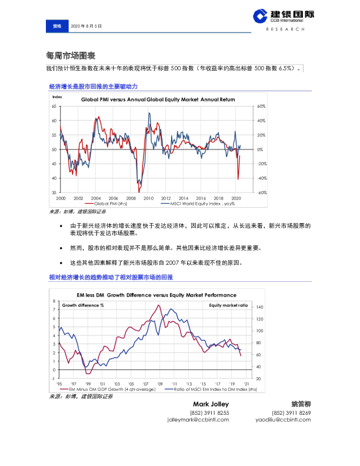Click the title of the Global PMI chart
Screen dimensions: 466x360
coord(157,99)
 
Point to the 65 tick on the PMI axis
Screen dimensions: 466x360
coord(54,106)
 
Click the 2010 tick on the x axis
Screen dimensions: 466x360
coord(148,198)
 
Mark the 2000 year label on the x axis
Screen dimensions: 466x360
coord(60,198)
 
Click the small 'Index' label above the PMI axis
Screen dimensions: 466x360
coord(57,95)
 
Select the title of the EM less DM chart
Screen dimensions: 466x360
coord(157,295)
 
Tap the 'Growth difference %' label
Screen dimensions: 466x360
coord(83,305)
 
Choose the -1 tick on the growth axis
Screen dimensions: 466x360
coord(54,379)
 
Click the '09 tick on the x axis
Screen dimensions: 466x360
coord(159,384)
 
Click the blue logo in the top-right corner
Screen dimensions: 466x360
coord(259,18)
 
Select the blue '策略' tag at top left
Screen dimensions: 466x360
coord(57,26)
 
